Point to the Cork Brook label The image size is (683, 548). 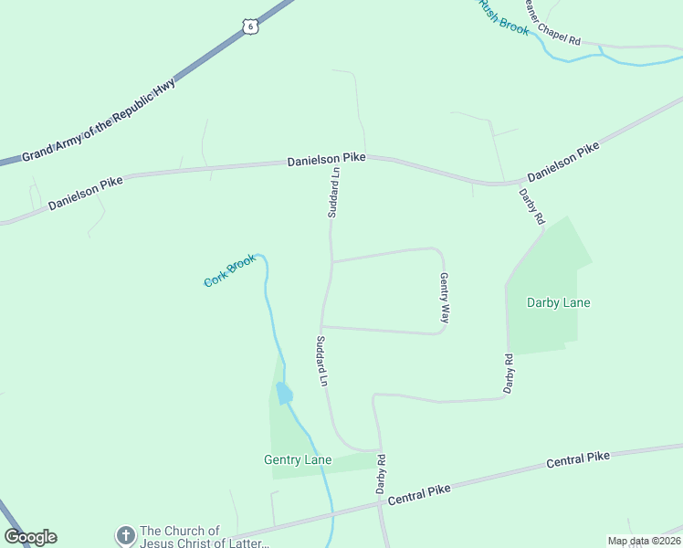[228, 270]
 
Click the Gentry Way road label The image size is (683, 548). [445, 298]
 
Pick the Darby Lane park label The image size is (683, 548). [559, 302]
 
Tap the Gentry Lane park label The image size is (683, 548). [298, 459]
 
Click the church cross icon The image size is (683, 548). [125, 534]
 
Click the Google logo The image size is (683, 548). [30, 537]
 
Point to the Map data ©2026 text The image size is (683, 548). [643, 541]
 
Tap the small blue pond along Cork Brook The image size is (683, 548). [284, 394]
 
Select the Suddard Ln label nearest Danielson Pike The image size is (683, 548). [334, 192]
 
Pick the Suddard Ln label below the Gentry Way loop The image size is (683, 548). [321, 362]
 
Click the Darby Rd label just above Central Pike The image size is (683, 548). [382, 474]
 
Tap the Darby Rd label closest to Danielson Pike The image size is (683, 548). [531, 206]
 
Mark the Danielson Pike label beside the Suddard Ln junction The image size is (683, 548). [326, 159]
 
